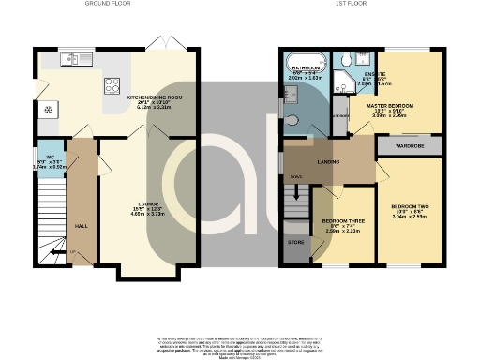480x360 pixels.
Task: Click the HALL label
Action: click(82, 226)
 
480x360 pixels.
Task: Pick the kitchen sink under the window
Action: click(71, 61)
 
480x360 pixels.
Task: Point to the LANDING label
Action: click(327, 162)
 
